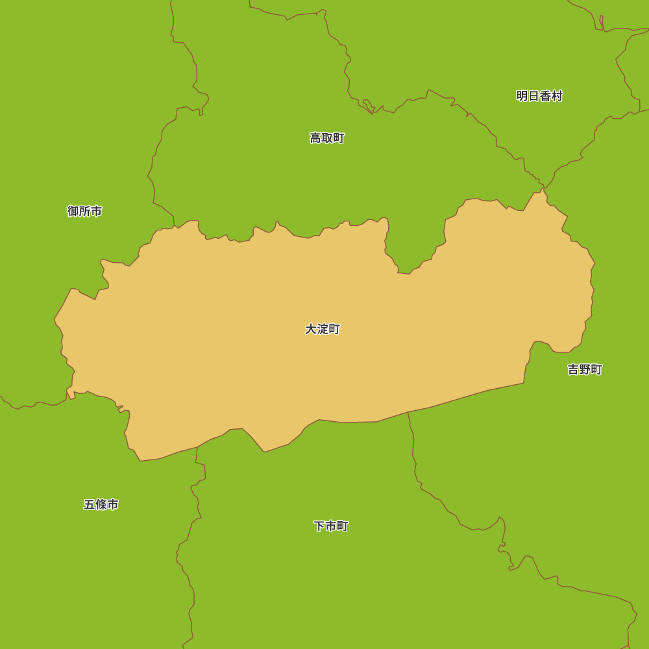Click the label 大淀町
pyautogui.click(x=323, y=329)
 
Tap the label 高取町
pyautogui.click(x=327, y=138)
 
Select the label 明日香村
pyautogui.click(x=539, y=96)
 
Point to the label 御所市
pyautogui.click(x=84, y=211)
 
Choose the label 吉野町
pyautogui.click(x=585, y=369)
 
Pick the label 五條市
pyautogui.click(x=101, y=504)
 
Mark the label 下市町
pyautogui.click(x=331, y=526)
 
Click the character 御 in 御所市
pyautogui.click(x=73, y=211)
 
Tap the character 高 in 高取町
pyautogui.click(x=315, y=138)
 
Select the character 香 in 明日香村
pyautogui.click(x=545, y=96)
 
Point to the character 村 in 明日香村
pyautogui.click(x=557, y=96)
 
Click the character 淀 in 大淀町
pyautogui.click(x=323, y=329)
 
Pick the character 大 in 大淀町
pyautogui.click(x=311, y=329)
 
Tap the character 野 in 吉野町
pyautogui.click(x=585, y=369)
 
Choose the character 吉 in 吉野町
pyautogui.click(x=573, y=369)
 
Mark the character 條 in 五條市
pyautogui.click(x=101, y=504)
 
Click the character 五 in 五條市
pyautogui.click(x=90, y=504)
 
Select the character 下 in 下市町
pyautogui.click(x=319, y=526)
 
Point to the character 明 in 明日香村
pyautogui.click(x=522, y=96)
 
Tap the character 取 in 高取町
pyautogui.click(x=327, y=138)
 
